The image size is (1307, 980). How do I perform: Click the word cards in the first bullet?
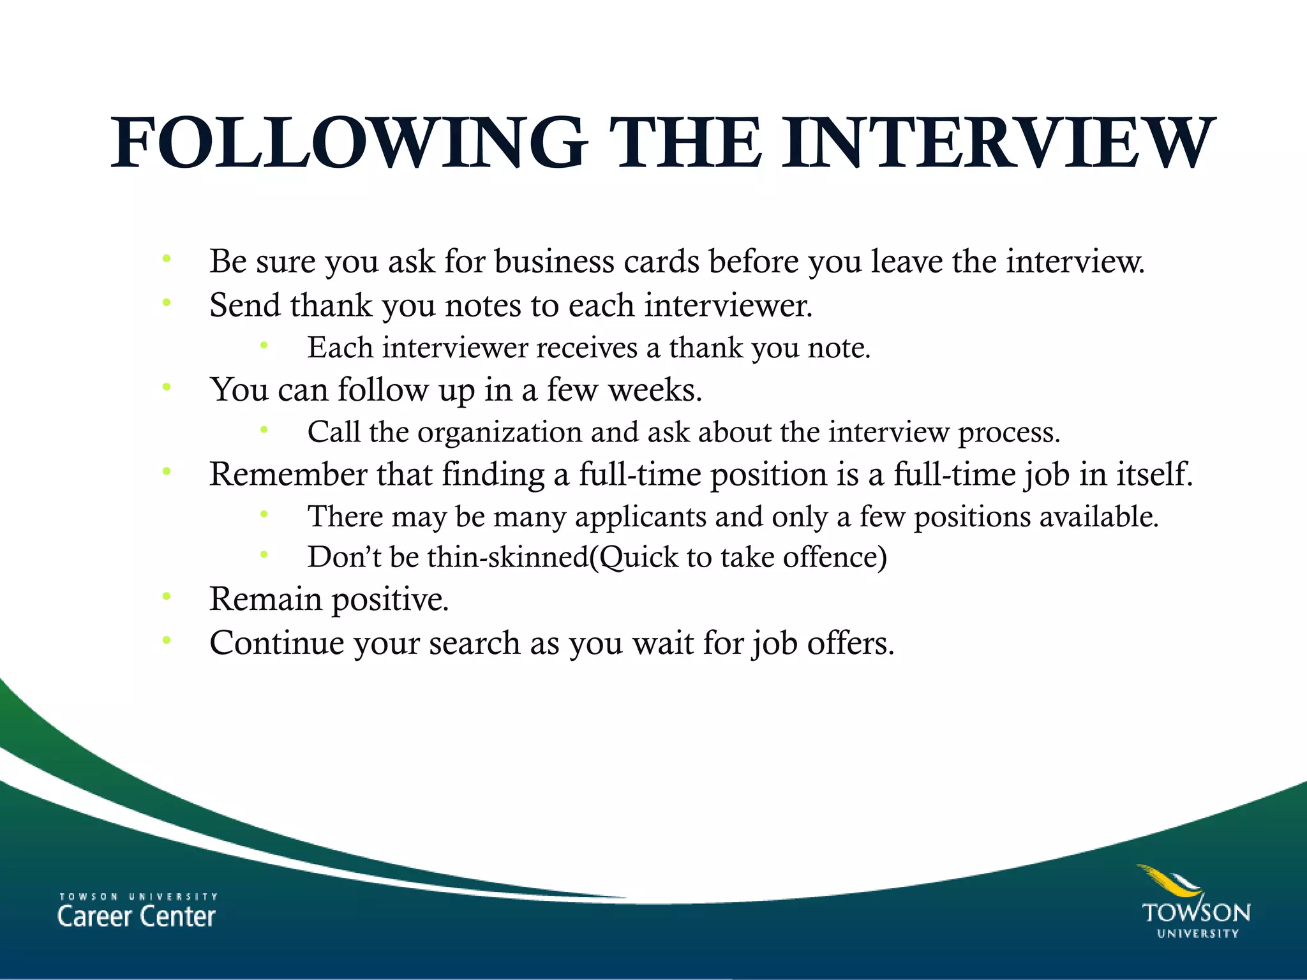pos(661,262)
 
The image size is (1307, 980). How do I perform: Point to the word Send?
pos(245,305)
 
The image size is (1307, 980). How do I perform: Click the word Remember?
pos(288,475)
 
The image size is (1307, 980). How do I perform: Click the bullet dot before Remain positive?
pos(167,597)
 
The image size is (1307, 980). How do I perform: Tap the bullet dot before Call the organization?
pos(264,429)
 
